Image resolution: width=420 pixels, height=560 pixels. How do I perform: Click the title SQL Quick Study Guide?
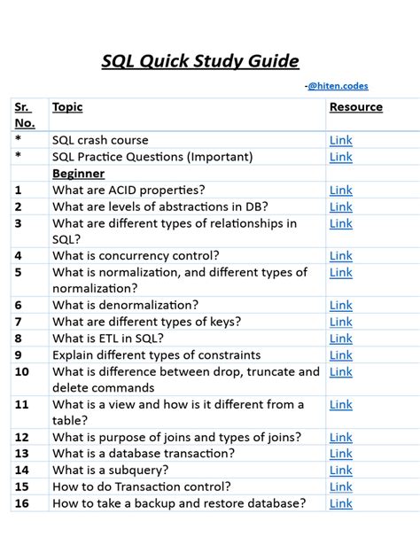200,61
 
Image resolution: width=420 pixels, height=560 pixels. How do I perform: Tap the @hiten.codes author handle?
338,86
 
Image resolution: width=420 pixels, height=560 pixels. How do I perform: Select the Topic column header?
67,107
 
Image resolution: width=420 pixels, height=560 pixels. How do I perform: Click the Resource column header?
356,107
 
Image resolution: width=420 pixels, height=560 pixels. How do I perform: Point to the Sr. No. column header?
23,115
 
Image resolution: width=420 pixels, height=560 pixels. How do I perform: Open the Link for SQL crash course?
340,140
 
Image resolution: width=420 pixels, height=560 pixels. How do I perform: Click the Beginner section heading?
78,174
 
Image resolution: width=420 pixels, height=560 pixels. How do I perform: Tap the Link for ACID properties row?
340,190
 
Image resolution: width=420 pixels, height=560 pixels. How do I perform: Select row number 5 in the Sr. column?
18,272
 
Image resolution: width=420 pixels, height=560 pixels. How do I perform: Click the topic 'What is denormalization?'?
128,305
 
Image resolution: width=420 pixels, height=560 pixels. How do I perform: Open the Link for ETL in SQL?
340,338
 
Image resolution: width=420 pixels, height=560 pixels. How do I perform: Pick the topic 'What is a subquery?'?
119,470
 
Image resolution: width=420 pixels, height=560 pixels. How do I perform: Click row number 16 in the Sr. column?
22,503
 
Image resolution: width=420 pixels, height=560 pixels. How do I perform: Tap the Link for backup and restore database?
340,503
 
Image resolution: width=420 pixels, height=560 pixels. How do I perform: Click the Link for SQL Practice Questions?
340,157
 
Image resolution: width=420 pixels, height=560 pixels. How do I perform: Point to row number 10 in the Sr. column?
22,371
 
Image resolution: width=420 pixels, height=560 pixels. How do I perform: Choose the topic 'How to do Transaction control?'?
142,486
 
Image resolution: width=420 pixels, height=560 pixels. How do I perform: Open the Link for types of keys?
340,322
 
